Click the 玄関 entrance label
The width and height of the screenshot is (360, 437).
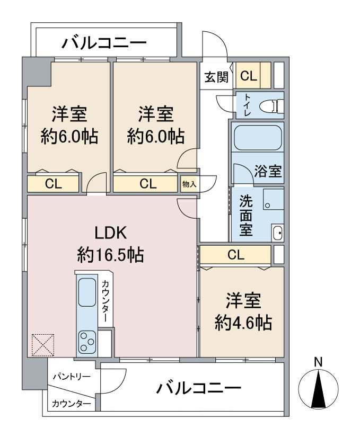(216, 77)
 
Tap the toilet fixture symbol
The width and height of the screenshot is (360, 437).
(271, 106)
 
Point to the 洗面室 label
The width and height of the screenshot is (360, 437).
(246, 216)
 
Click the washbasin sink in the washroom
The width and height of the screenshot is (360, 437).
(278, 232)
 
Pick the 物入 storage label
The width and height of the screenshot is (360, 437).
(189, 184)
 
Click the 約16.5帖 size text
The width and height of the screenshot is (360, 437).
(110, 254)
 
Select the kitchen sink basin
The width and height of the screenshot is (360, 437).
(87, 292)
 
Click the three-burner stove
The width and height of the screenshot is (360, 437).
(87, 342)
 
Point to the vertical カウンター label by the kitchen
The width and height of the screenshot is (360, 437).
(105, 301)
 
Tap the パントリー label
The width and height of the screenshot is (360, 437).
(72, 377)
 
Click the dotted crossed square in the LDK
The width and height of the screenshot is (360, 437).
(42, 345)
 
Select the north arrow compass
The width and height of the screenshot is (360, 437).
(318, 387)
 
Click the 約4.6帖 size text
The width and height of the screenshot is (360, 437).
(243, 323)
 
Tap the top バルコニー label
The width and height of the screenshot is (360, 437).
(104, 43)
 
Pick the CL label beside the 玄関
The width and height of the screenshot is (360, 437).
(249, 76)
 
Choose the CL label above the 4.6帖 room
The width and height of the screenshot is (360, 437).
(236, 254)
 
